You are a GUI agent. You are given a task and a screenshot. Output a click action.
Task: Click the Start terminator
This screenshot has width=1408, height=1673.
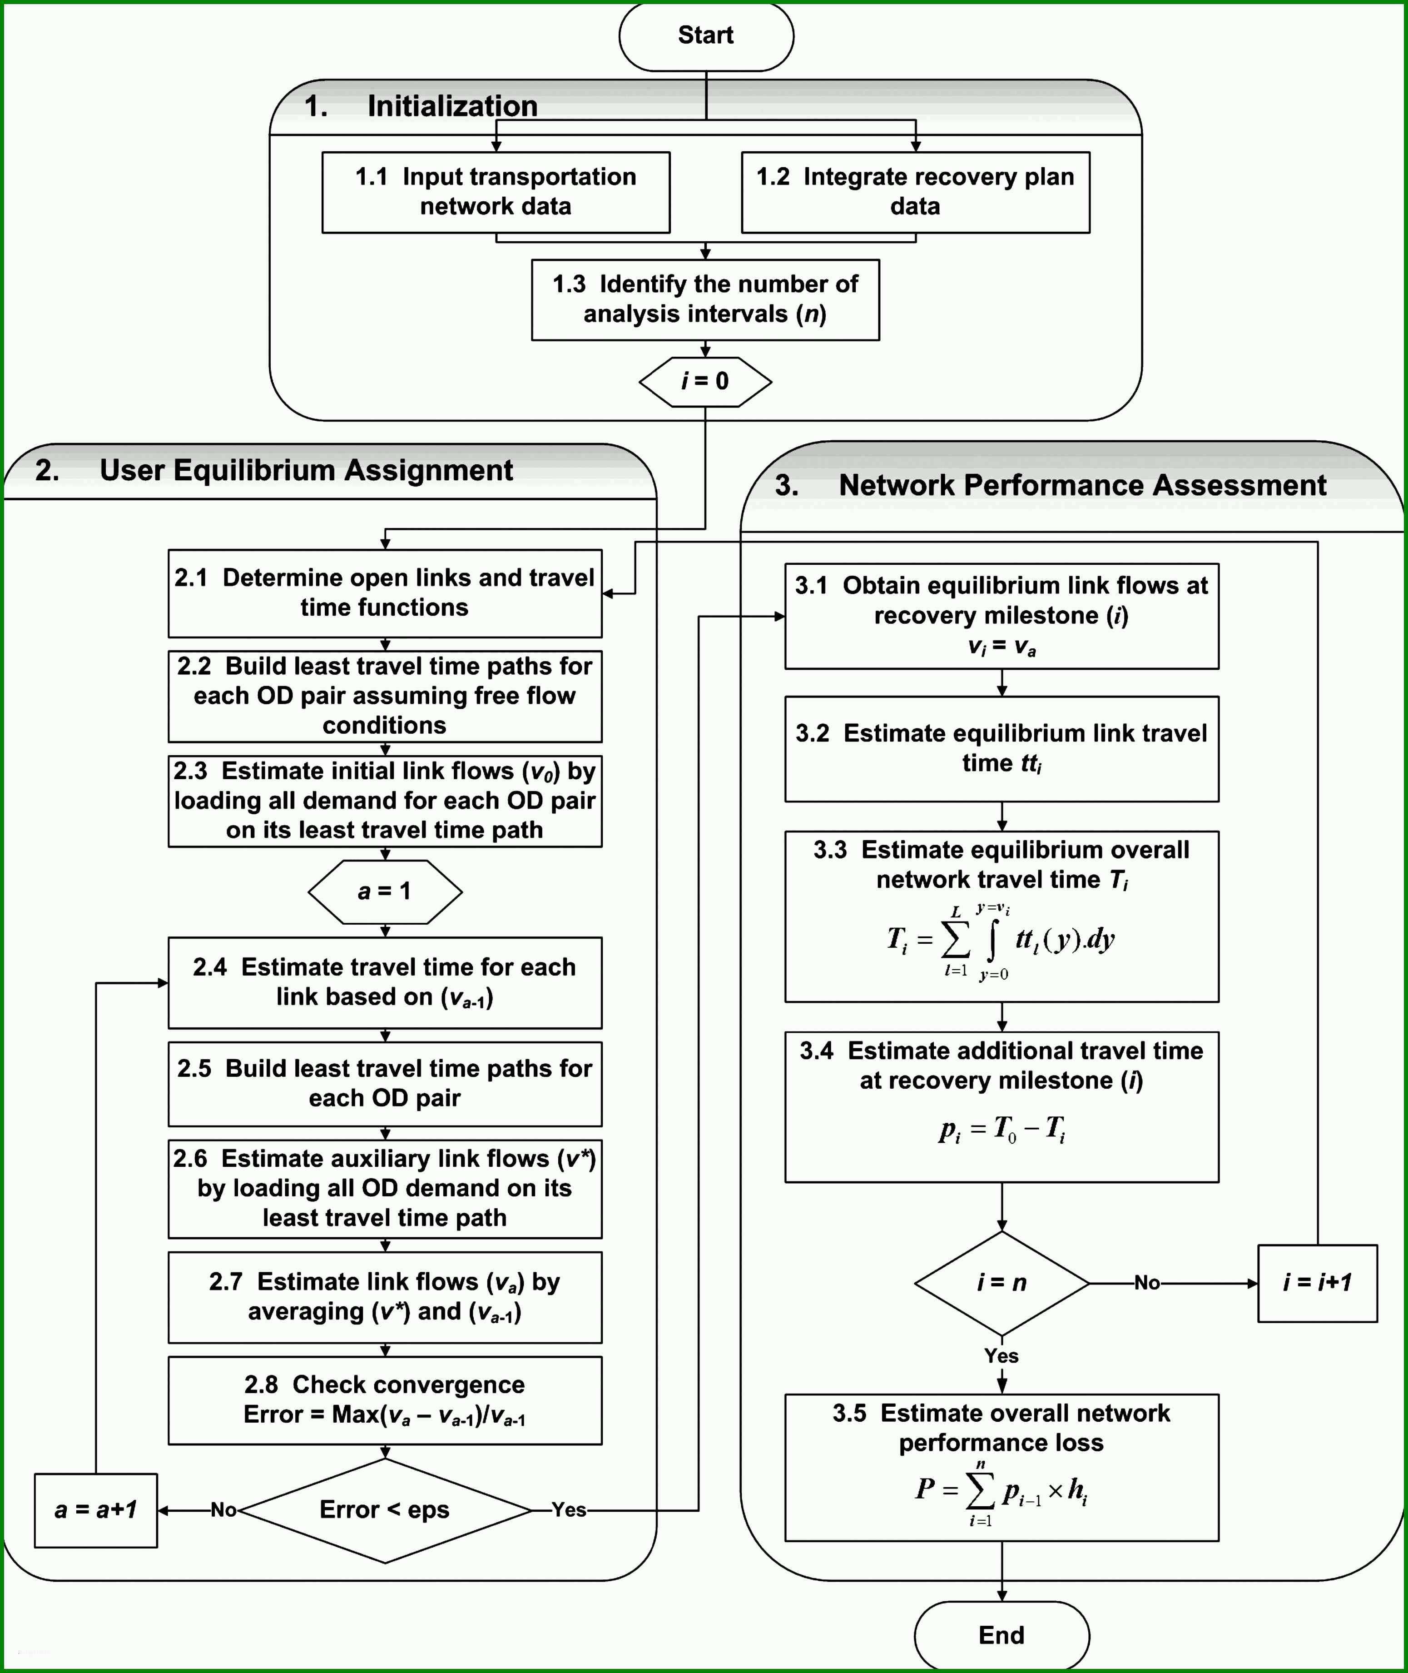(706, 36)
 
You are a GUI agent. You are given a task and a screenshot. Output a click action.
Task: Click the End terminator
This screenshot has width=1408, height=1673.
(1001, 1635)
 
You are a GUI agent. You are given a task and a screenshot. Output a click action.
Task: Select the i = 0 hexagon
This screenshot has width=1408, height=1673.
(706, 381)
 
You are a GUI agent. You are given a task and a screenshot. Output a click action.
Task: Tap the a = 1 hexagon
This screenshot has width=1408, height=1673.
(385, 891)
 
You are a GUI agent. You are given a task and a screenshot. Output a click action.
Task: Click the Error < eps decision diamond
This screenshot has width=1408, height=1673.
(385, 1510)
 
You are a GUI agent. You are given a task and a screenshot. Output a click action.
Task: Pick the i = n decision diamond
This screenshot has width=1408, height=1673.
(1001, 1283)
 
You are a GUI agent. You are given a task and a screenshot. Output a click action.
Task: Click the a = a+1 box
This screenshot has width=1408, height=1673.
(96, 1510)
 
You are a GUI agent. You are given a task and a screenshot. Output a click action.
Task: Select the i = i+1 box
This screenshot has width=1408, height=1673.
(1317, 1283)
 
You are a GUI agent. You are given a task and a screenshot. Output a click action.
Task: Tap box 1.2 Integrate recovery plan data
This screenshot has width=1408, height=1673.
(916, 193)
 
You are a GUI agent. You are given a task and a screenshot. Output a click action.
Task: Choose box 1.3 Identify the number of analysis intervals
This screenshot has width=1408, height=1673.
(706, 299)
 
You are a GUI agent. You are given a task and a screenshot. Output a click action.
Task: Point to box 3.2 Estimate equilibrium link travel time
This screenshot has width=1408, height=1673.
(1001, 749)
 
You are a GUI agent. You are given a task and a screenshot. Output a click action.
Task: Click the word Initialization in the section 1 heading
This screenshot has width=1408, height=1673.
(452, 106)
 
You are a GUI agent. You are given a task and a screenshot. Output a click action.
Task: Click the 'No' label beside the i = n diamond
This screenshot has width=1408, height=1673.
(1147, 1283)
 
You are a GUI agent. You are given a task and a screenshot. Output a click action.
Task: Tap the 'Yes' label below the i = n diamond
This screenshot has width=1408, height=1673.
(1001, 1356)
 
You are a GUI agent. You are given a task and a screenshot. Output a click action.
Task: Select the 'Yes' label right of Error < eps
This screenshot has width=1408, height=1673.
(569, 1510)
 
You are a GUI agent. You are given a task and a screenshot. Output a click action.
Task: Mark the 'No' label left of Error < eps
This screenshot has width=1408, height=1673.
(223, 1510)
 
